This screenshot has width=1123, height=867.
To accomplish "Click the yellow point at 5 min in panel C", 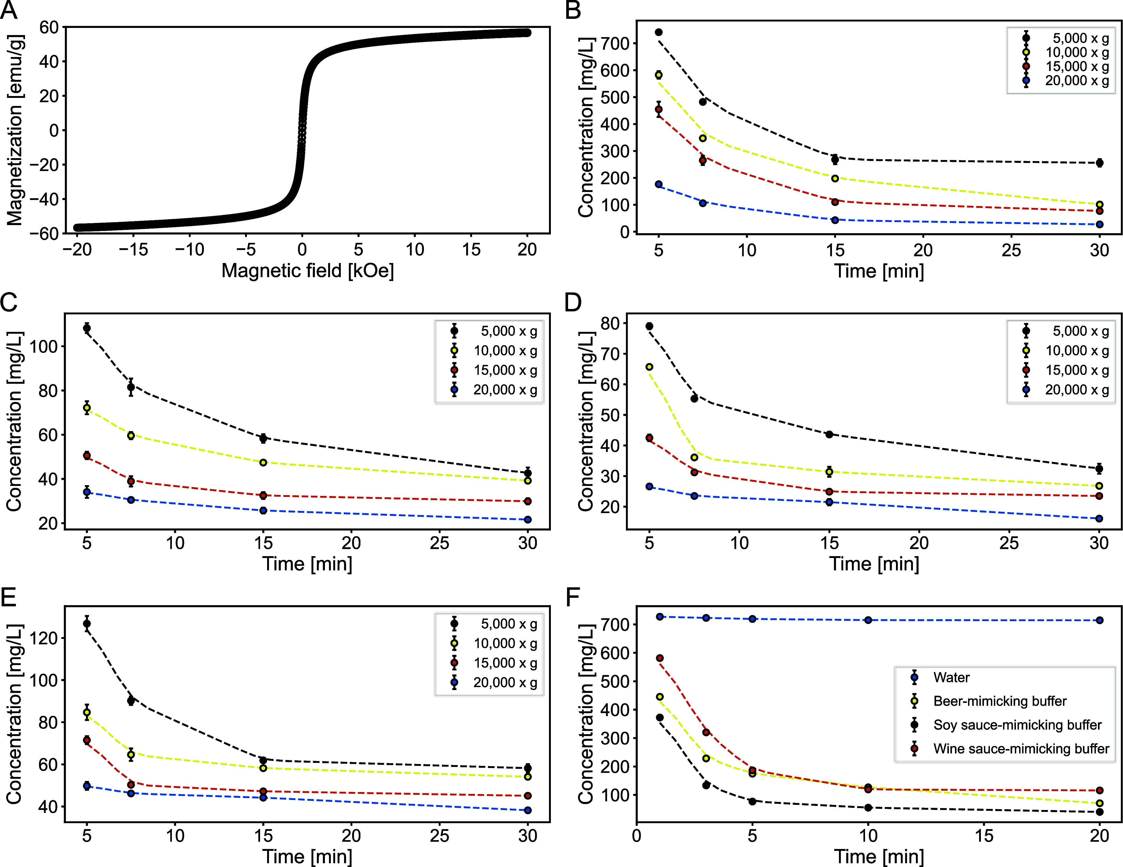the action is pyautogui.click(x=87, y=407).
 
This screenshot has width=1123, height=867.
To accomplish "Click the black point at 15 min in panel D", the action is pyautogui.click(x=829, y=434).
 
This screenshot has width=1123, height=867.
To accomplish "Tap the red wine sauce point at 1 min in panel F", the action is pyautogui.click(x=660, y=658).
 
